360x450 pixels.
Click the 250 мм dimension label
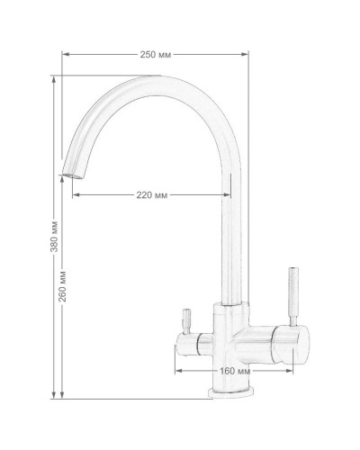(x=156, y=55)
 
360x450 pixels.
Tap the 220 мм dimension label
(x=152, y=195)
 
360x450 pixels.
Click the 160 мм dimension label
(x=235, y=371)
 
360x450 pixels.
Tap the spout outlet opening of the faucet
(x=72, y=176)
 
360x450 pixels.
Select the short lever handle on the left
(x=186, y=321)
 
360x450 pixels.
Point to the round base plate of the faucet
(x=231, y=392)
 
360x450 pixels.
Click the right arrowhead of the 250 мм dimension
(x=246, y=54)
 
